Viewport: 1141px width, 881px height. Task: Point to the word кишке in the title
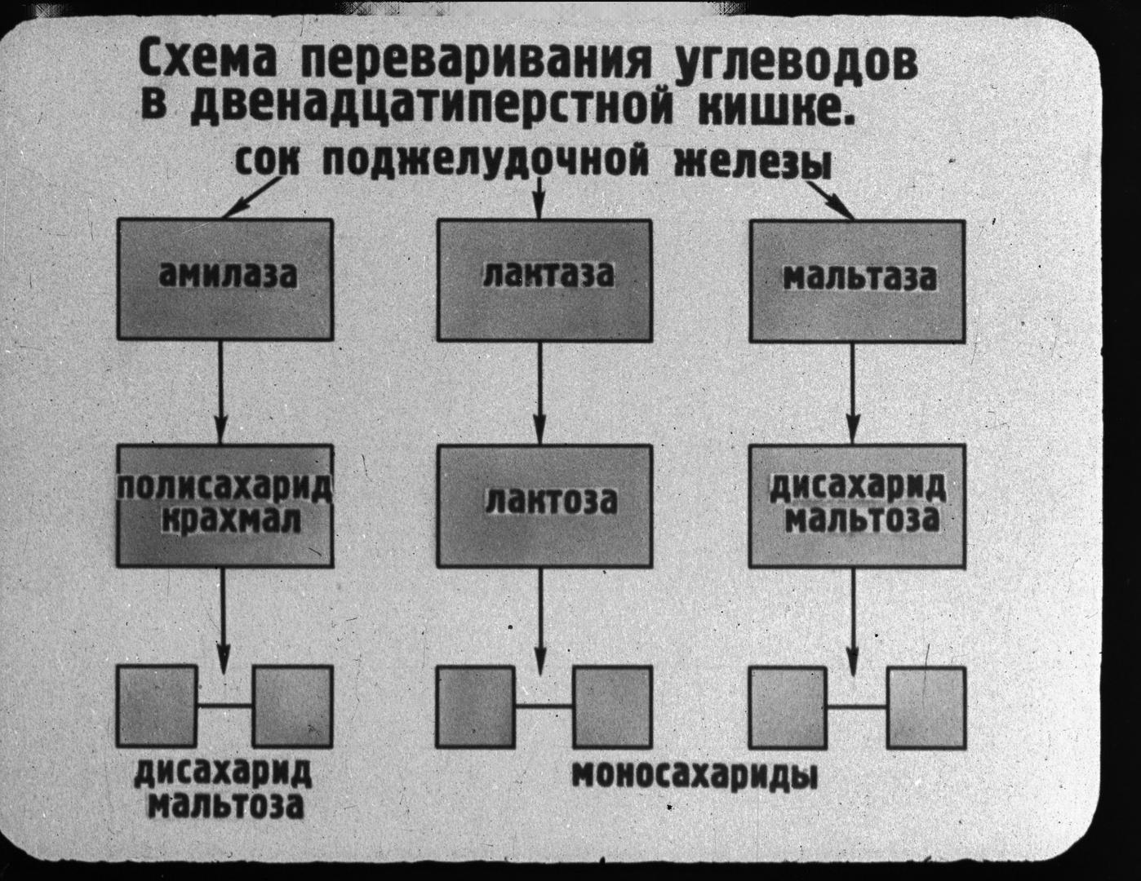(777, 107)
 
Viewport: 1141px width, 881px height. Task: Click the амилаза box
(225, 279)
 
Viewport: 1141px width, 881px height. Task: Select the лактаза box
(544, 281)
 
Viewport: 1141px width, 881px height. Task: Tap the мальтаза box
(858, 281)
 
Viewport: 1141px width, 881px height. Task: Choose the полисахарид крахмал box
(225, 506)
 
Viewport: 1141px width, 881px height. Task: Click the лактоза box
(544, 507)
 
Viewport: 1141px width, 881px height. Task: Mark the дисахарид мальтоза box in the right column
(857, 507)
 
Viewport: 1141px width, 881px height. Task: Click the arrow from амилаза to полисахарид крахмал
(220, 392)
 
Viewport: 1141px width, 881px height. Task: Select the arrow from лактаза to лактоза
(539, 393)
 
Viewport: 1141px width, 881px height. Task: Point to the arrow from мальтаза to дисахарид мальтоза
(852, 394)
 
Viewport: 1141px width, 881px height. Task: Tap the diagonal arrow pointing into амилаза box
(252, 197)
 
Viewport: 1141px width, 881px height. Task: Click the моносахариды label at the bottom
(695, 775)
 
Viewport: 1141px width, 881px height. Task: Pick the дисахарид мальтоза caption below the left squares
(223, 789)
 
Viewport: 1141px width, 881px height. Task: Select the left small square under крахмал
(157, 706)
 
